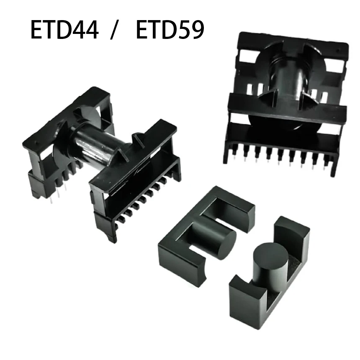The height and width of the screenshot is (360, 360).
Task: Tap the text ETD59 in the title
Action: [x=170, y=30]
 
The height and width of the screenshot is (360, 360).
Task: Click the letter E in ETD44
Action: [x=37, y=30]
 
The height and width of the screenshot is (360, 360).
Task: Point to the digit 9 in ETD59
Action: [x=196, y=30]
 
